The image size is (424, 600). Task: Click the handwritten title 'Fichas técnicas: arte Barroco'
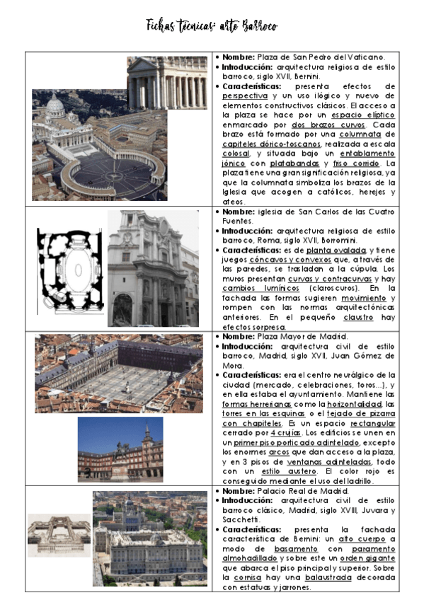[x=211, y=26]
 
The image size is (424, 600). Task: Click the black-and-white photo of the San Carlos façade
[x=153, y=268]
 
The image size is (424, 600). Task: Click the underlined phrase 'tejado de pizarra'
[x=355, y=412]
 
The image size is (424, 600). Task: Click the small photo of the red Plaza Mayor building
[x=120, y=449]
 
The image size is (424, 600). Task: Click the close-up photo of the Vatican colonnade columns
[x=168, y=83]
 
